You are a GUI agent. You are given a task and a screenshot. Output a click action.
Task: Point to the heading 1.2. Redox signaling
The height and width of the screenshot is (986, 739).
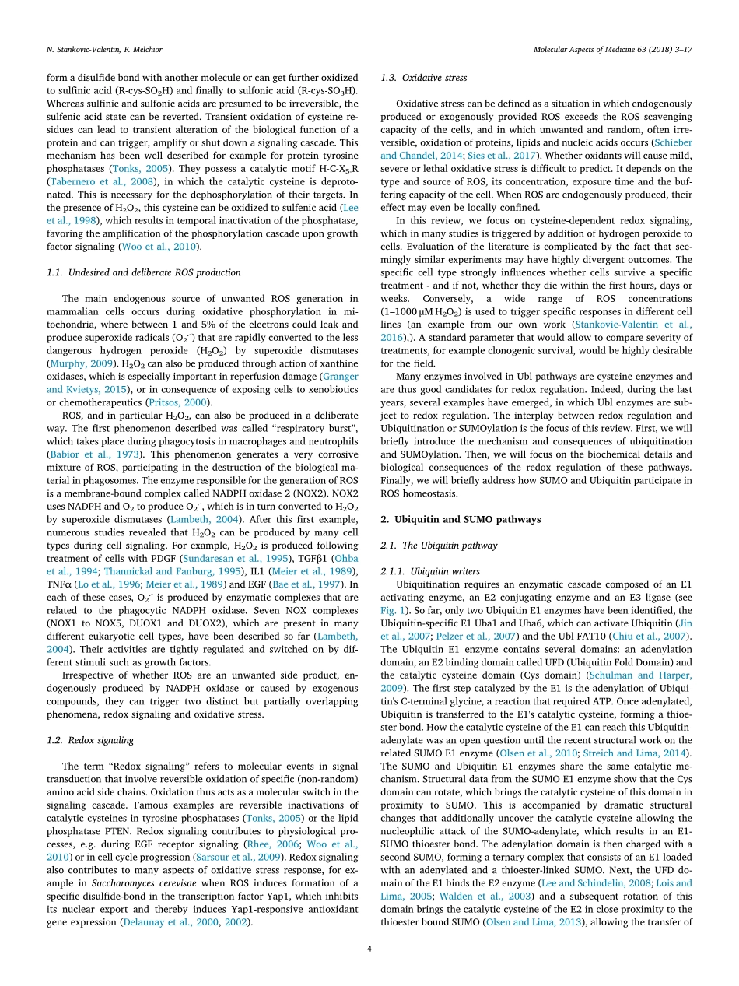90,740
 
